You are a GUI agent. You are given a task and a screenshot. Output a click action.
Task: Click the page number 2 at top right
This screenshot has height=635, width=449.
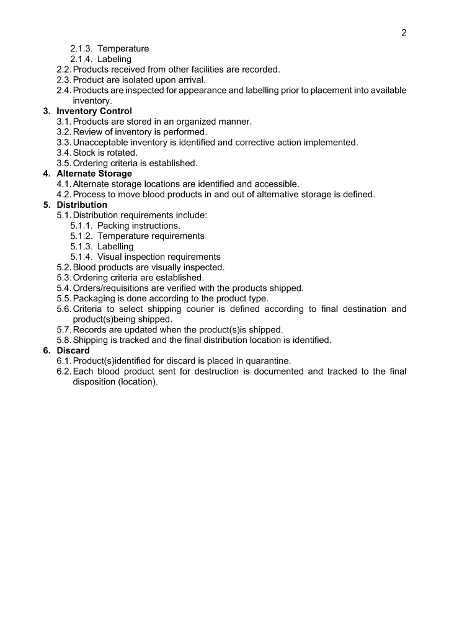pyautogui.click(x=404, y=33)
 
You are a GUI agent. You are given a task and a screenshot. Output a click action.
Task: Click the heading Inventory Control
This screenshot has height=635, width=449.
pyautogui.click(x=94, y=111)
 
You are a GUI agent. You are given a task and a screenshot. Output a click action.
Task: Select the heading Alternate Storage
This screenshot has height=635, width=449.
pyautogui.click(x=94, y=174)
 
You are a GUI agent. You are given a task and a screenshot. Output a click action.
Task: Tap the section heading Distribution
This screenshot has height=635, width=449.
pyautogui.click(x=82, y=205)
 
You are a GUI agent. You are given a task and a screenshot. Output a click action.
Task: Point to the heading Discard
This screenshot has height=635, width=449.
pyautogui.click(x=74, y=350)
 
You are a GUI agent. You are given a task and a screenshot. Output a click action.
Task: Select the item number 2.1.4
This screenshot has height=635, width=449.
pyautogui.click(x=81, y=59)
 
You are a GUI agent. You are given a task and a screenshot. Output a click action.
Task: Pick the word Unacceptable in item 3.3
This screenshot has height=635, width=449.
pyautogui.click(x=101, y=143)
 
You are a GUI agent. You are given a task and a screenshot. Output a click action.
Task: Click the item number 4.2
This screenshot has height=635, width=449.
pyautogui.click(x=64, y=194)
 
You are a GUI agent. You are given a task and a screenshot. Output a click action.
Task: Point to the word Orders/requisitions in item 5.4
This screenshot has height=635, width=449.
pyautogui.click(x=113, y=288)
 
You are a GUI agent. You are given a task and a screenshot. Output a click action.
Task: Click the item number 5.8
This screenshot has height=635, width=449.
pyautogui.click(x=64, y=340)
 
